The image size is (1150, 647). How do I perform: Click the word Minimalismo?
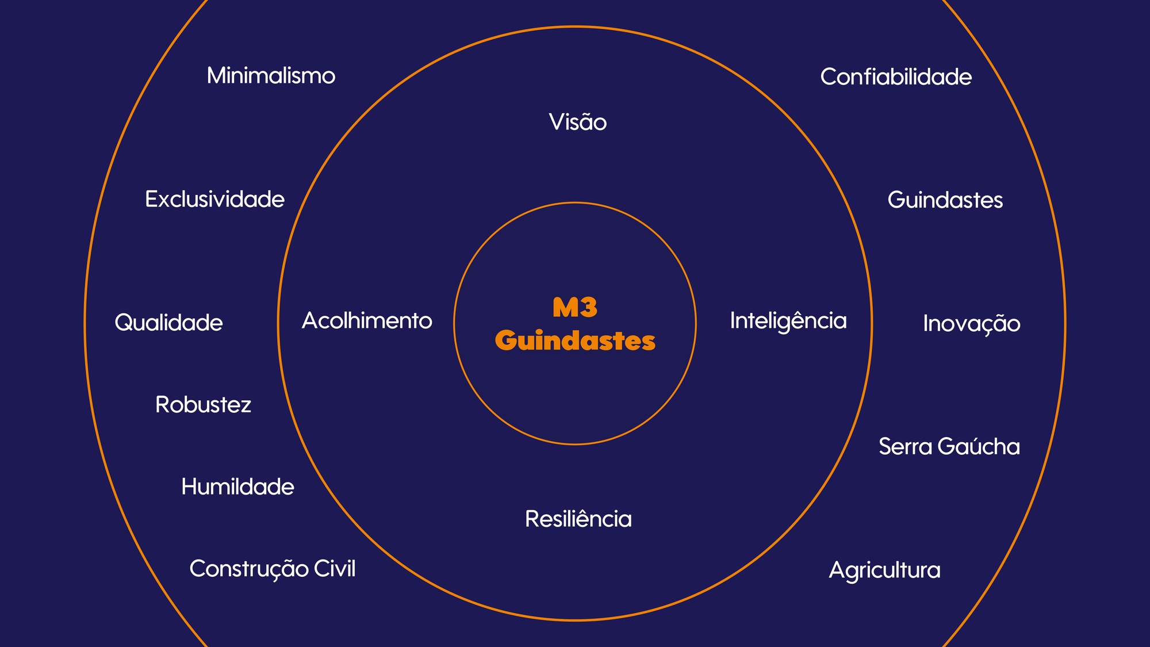point(271,76)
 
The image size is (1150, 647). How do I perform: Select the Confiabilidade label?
point(896,77)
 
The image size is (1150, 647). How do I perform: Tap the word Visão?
point(577,122)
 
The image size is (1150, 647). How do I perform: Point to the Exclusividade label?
point(214,200)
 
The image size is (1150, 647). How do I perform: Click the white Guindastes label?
point(945,200)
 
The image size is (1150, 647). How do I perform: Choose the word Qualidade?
point(168,323)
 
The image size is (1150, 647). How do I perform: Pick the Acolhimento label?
point(367,321)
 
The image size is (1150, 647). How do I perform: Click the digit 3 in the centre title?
point(588,308)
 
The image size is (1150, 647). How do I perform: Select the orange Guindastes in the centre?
point(575,340)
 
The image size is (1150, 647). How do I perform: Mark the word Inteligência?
point(788,321)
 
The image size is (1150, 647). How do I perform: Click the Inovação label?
point(972,324)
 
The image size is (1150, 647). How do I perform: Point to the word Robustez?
point(203,405)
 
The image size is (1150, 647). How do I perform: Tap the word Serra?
point(905,447)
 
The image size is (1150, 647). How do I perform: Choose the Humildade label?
point(237,487)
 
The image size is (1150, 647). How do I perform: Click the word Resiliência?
point(578,519)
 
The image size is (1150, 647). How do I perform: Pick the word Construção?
point(249,569)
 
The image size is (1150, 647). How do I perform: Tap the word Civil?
point(335,569)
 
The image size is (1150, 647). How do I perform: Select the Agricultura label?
point(884,571)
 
